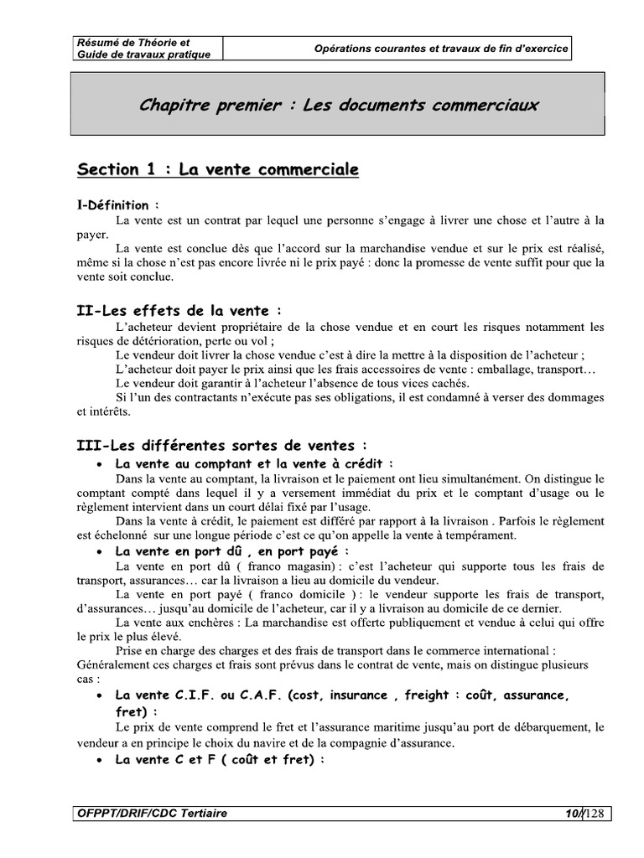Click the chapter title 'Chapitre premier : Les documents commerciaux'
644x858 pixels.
(x=339, y=106)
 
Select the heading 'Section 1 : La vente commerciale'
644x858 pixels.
(x=217, y=169)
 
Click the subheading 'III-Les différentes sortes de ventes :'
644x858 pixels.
(x=221, y=446)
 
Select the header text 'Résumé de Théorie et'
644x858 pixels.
(x=133, y=42)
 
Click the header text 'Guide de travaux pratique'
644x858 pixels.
(x=143, y=54)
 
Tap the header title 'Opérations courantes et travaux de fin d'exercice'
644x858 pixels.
(x=441, y=49)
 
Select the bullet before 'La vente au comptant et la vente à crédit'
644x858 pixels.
(x=101, y=463)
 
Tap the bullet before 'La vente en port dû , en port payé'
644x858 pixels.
(x=101, y=552)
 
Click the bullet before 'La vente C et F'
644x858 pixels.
(x=101, y=760)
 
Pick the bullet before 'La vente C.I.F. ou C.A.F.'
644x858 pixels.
(x=101, y=696)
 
